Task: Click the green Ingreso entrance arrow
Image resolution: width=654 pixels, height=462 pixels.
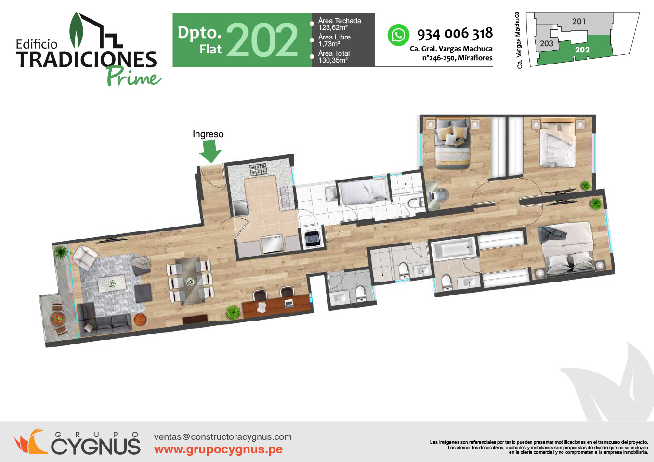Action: (x=210, y=151)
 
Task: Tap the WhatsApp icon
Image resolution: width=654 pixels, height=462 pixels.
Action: (x=398, y=35)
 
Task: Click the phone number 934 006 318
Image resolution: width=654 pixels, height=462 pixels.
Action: (x=455, y=34)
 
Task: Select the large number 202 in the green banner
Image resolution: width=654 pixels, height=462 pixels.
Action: (x=262, y=40)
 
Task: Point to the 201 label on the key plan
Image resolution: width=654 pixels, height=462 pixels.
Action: (x=579, y=21)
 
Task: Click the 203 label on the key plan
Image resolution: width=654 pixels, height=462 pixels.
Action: (x=547, y=43)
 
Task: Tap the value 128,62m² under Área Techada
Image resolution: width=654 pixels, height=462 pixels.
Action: (x=333, y=28)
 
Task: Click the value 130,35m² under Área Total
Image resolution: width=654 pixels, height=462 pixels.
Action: (x=333, y=60)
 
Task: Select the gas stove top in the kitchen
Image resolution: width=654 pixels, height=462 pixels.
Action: (x=258, y=169)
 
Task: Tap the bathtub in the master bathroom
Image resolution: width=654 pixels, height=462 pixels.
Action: (x=454, y=249)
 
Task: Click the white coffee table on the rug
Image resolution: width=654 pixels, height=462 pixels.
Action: (x=112, y=283)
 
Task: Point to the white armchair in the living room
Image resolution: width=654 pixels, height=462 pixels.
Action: (x=85, y=257)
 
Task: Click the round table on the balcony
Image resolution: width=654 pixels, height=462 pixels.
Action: (x=58, y=319)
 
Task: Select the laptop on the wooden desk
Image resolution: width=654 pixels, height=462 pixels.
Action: (x=289, y=303)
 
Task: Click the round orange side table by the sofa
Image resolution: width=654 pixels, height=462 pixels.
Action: (x=140, y=320)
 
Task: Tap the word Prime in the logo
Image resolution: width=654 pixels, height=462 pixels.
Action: (x=134, y=77)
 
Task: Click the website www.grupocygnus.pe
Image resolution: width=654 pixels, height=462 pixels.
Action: (x=218, y=449)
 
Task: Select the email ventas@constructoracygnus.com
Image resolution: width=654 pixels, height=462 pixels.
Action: (x=223, y=437)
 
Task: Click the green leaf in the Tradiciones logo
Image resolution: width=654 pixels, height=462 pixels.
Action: (x=77, y=30)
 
